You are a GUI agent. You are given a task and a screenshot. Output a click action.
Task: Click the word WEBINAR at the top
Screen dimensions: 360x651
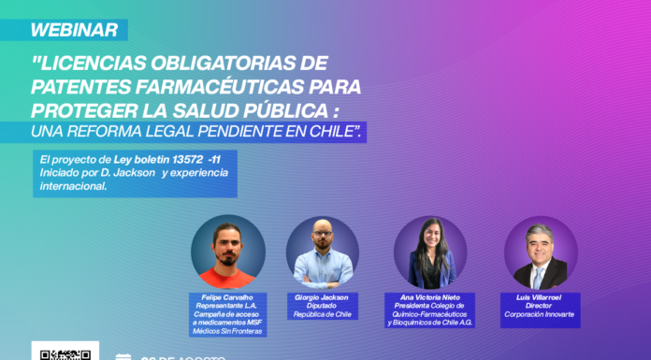coord(74,30)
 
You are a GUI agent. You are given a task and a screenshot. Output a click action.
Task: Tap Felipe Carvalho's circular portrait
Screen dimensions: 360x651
coord(228,252)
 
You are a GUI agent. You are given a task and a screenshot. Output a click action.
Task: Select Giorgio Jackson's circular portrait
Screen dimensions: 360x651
coord(322,252)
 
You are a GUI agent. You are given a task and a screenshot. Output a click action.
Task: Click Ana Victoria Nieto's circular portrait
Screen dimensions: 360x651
coord(430,252)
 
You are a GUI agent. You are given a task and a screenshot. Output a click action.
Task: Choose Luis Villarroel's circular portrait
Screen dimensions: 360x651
coord(540,252)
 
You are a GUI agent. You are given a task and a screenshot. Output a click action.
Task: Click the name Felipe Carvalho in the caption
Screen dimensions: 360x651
coord(227,297)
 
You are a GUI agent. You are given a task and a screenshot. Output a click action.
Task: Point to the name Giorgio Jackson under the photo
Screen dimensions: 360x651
coord(322,297)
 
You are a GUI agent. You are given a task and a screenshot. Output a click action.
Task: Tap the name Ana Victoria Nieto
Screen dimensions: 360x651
coord(430,297)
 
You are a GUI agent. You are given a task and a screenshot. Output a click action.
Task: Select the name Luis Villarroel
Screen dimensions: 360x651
coord(540,297)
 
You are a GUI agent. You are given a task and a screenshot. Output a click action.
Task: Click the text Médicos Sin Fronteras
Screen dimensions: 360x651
coord(227,331)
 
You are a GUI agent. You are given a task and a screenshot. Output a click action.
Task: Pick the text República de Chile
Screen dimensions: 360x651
coord(322,315)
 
